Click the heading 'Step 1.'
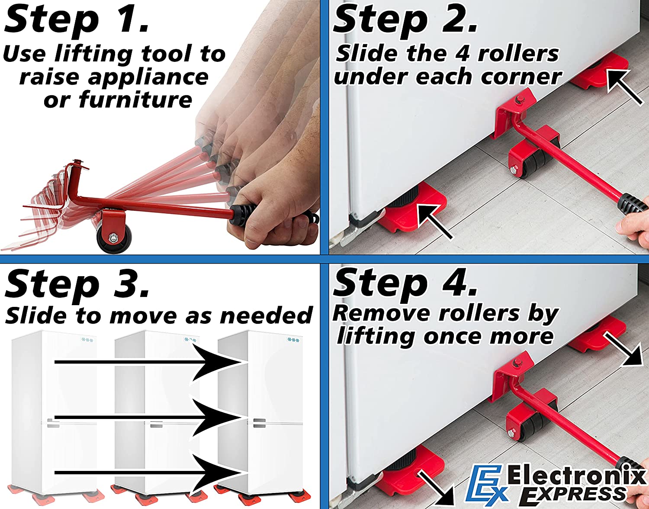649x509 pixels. coord(77,21)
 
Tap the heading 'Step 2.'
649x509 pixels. coord(405,20)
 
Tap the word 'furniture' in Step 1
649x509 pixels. coord(135,100)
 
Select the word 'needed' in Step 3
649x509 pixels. coord(267,316)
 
